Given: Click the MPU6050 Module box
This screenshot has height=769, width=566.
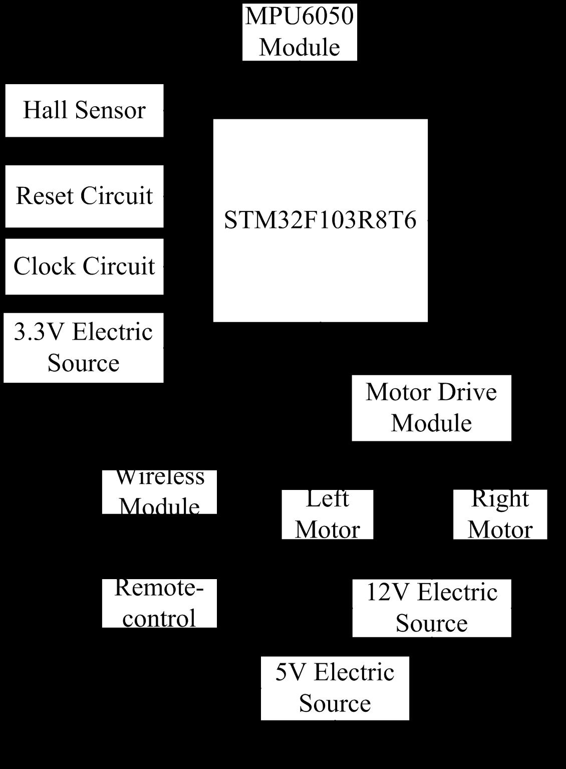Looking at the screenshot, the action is point(300,32).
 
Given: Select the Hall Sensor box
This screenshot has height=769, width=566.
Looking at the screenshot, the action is point(85,111).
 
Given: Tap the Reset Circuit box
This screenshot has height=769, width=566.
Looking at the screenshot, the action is point(85,196).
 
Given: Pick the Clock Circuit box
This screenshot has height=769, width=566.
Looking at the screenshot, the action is point(85,267).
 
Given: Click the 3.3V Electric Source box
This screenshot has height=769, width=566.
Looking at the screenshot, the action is point(84,348).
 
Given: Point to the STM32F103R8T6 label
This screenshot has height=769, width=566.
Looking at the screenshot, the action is point(320,220).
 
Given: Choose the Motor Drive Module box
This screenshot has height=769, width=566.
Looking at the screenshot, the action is point(431,408).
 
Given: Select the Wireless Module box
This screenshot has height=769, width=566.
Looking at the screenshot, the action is point(159,492).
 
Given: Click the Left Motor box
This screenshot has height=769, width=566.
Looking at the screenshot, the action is point(328,515).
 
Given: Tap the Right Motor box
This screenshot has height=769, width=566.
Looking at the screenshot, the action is point(500,515).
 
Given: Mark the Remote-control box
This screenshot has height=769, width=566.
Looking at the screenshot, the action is point(159,603).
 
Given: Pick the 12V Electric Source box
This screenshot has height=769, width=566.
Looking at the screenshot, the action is point(432,608).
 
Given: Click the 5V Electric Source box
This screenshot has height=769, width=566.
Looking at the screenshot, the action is point(335,688).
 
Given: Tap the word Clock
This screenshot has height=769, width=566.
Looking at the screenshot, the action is point(44,266).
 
